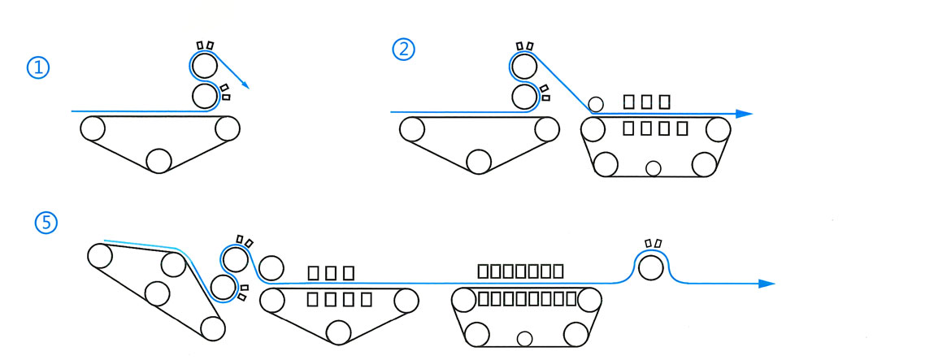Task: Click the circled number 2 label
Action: tap(404, 50)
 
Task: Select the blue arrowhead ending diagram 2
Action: tap(743, 114)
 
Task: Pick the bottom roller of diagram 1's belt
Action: tap(159, 160)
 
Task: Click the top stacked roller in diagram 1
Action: tap(204, 64)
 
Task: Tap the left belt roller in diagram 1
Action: tap(91, 128)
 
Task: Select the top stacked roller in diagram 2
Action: tap(523, 65)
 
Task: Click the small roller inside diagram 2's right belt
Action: tap(652, 168)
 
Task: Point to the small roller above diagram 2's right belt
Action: tap(596, 104)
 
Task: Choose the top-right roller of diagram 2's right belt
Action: tap(718, 129)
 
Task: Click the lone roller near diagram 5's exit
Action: tap(649, 267)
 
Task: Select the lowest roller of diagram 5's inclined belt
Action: tap(212, 328)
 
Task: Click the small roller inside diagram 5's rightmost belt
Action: tap(524, 338)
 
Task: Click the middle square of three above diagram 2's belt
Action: tap(646, 102)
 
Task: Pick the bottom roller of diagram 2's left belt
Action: tap(477, 160)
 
